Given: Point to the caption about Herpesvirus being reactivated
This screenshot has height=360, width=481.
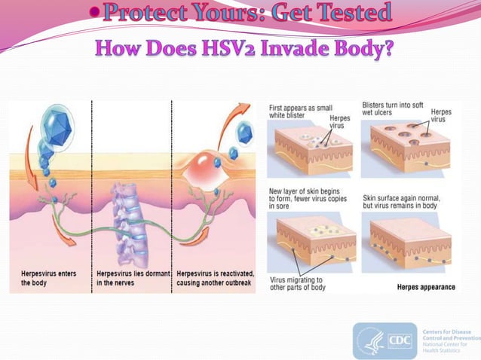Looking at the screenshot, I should [214, 277].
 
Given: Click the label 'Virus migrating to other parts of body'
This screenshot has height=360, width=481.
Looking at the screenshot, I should [300, 284].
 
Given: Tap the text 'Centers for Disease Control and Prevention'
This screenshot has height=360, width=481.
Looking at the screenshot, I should [451, 337].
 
